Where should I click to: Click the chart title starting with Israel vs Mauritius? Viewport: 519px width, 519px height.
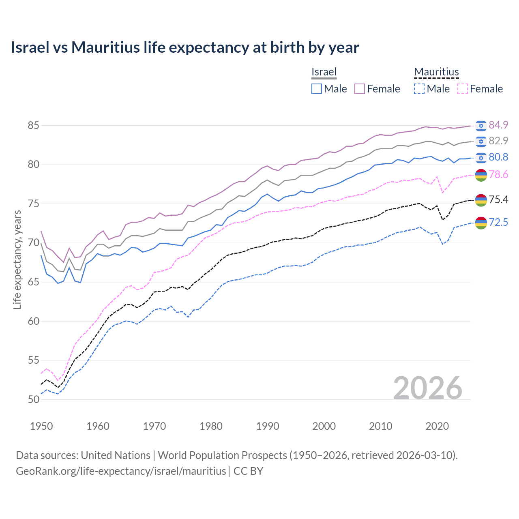[x=185, y=47]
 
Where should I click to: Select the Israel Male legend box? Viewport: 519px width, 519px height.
[x=317, y=89]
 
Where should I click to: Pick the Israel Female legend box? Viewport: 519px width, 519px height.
[x=360, y=89]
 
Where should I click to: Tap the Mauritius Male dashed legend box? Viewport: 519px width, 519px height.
[x=419, y=89]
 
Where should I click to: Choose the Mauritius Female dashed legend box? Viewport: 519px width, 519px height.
[x=463, y=89]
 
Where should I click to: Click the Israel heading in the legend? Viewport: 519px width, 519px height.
[x=324, y=72]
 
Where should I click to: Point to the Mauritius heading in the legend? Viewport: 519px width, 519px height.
[x=436, y=72]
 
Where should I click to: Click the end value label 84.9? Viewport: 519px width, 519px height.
[x=498, y=125]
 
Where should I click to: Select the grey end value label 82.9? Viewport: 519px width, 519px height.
[x=498, y=141]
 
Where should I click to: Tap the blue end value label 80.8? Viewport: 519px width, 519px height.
[x=498, y=157]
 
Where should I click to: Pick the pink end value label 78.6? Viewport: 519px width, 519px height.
[x=498, y=174]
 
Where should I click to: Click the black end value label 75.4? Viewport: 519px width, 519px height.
[x=498, y=199]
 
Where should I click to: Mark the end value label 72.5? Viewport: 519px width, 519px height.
[x=498, y=222]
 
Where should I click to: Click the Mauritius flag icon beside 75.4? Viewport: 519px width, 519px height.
[x=481, y=200]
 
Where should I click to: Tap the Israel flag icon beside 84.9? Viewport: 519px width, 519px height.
[x=481, y=126]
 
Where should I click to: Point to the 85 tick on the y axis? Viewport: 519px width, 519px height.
[x=33, y=126]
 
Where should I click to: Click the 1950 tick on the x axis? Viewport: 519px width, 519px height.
[x=41, y=426]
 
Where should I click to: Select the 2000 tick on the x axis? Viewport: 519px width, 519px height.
[x=324, y=426]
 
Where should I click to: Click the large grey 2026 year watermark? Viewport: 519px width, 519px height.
[x=427, y=388]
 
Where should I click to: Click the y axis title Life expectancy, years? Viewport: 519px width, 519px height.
[x=17, y=259]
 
